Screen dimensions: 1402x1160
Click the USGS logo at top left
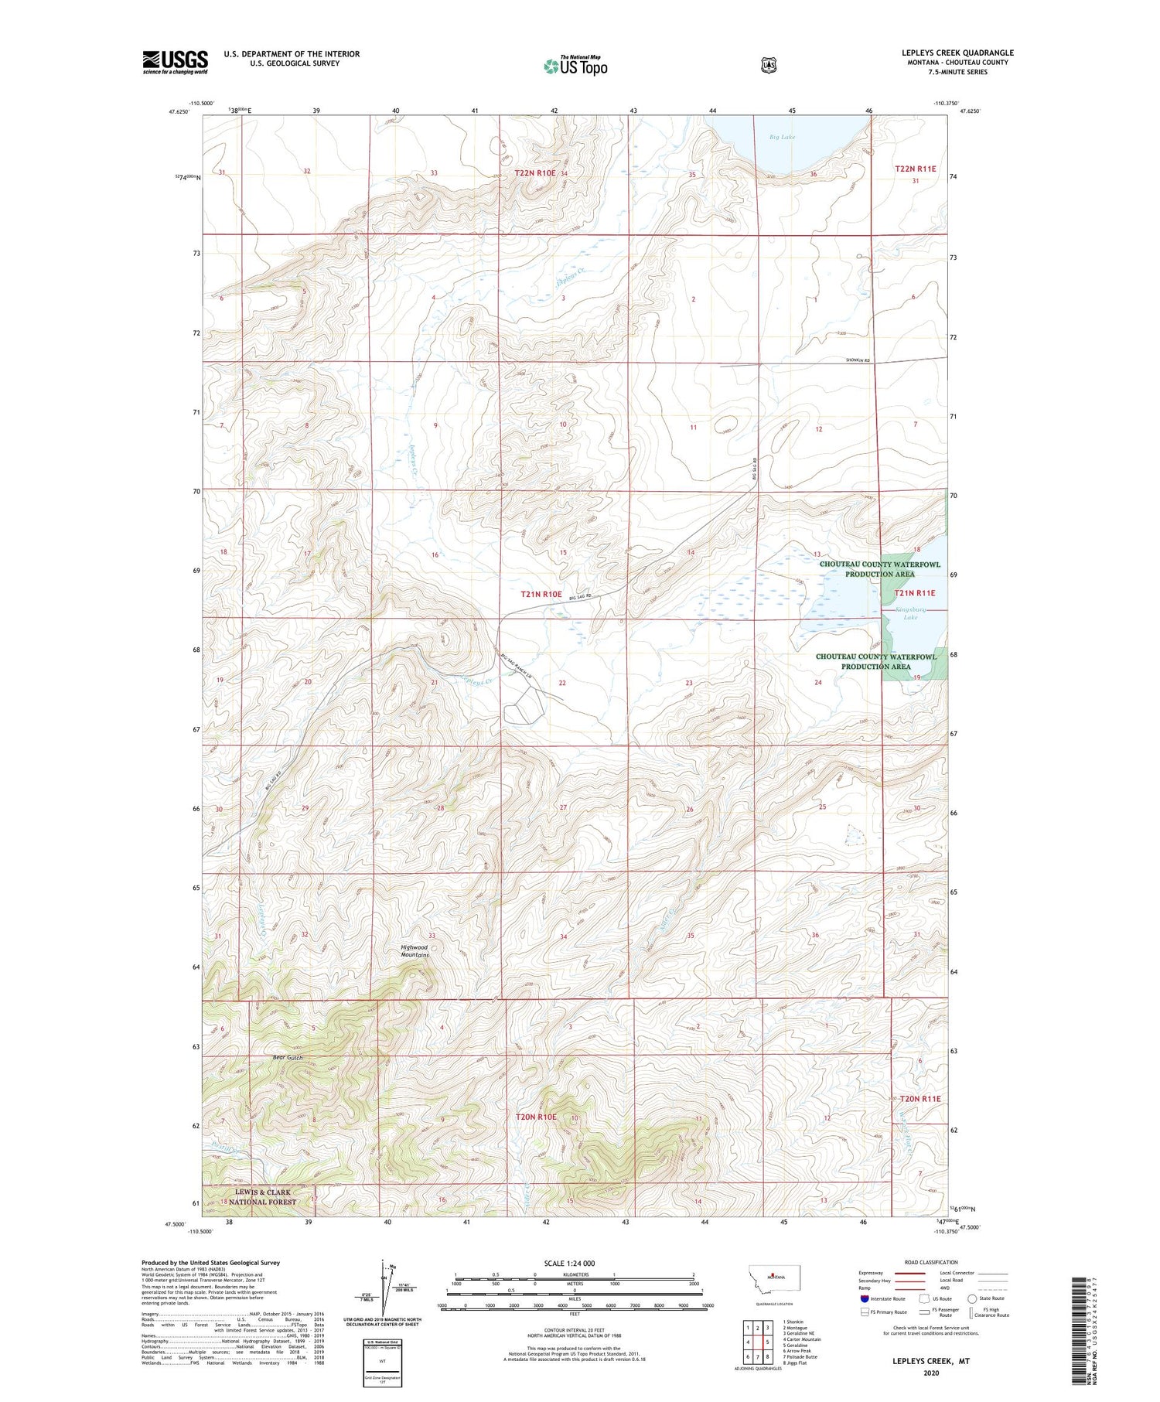[175, 62]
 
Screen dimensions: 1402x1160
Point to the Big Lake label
[782, 137]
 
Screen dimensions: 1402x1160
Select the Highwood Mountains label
[415, 950]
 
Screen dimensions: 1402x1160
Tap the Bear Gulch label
[288, 1057]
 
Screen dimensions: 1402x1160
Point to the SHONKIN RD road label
[858, 360]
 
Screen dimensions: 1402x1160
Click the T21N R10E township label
[541, 594]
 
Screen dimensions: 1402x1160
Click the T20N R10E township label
[536, 1117]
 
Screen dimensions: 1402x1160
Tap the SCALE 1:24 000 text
[569, 1263]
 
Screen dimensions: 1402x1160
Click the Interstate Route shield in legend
[864, 1298]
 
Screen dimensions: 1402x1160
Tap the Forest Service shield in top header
[768, 66]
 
